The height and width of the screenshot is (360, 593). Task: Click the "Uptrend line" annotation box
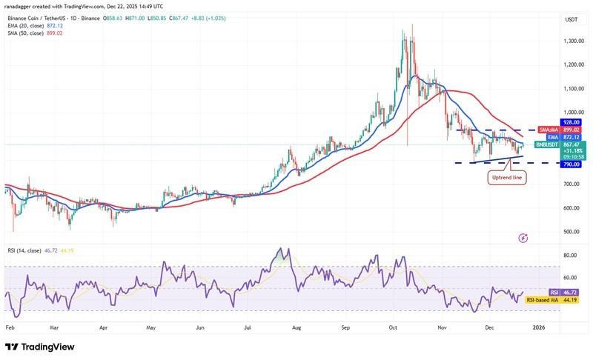click(x=507, y=178)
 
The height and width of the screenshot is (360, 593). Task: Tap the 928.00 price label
click(x=550, y=122)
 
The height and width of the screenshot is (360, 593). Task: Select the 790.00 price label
click(x=550, y=164)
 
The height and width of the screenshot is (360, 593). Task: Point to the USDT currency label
click(x=550, y=19)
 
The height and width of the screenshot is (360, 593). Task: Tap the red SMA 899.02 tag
click(x=561, y=130)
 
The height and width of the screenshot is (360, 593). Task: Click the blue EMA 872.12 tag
click(x=561, y=136)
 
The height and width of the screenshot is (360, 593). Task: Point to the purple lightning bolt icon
click(x=523, y=238)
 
